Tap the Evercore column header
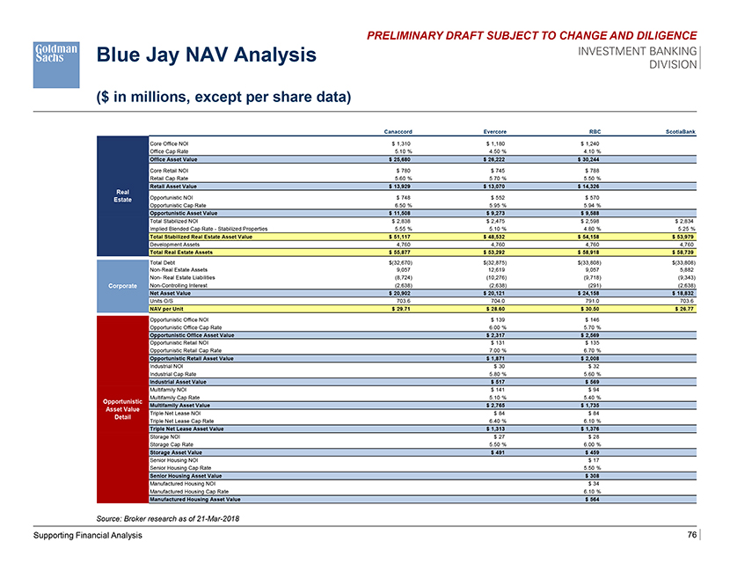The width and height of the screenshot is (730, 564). coord(492,131)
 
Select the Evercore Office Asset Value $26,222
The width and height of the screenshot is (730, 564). coord(492,158)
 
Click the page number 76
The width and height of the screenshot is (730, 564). coord(692,536)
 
